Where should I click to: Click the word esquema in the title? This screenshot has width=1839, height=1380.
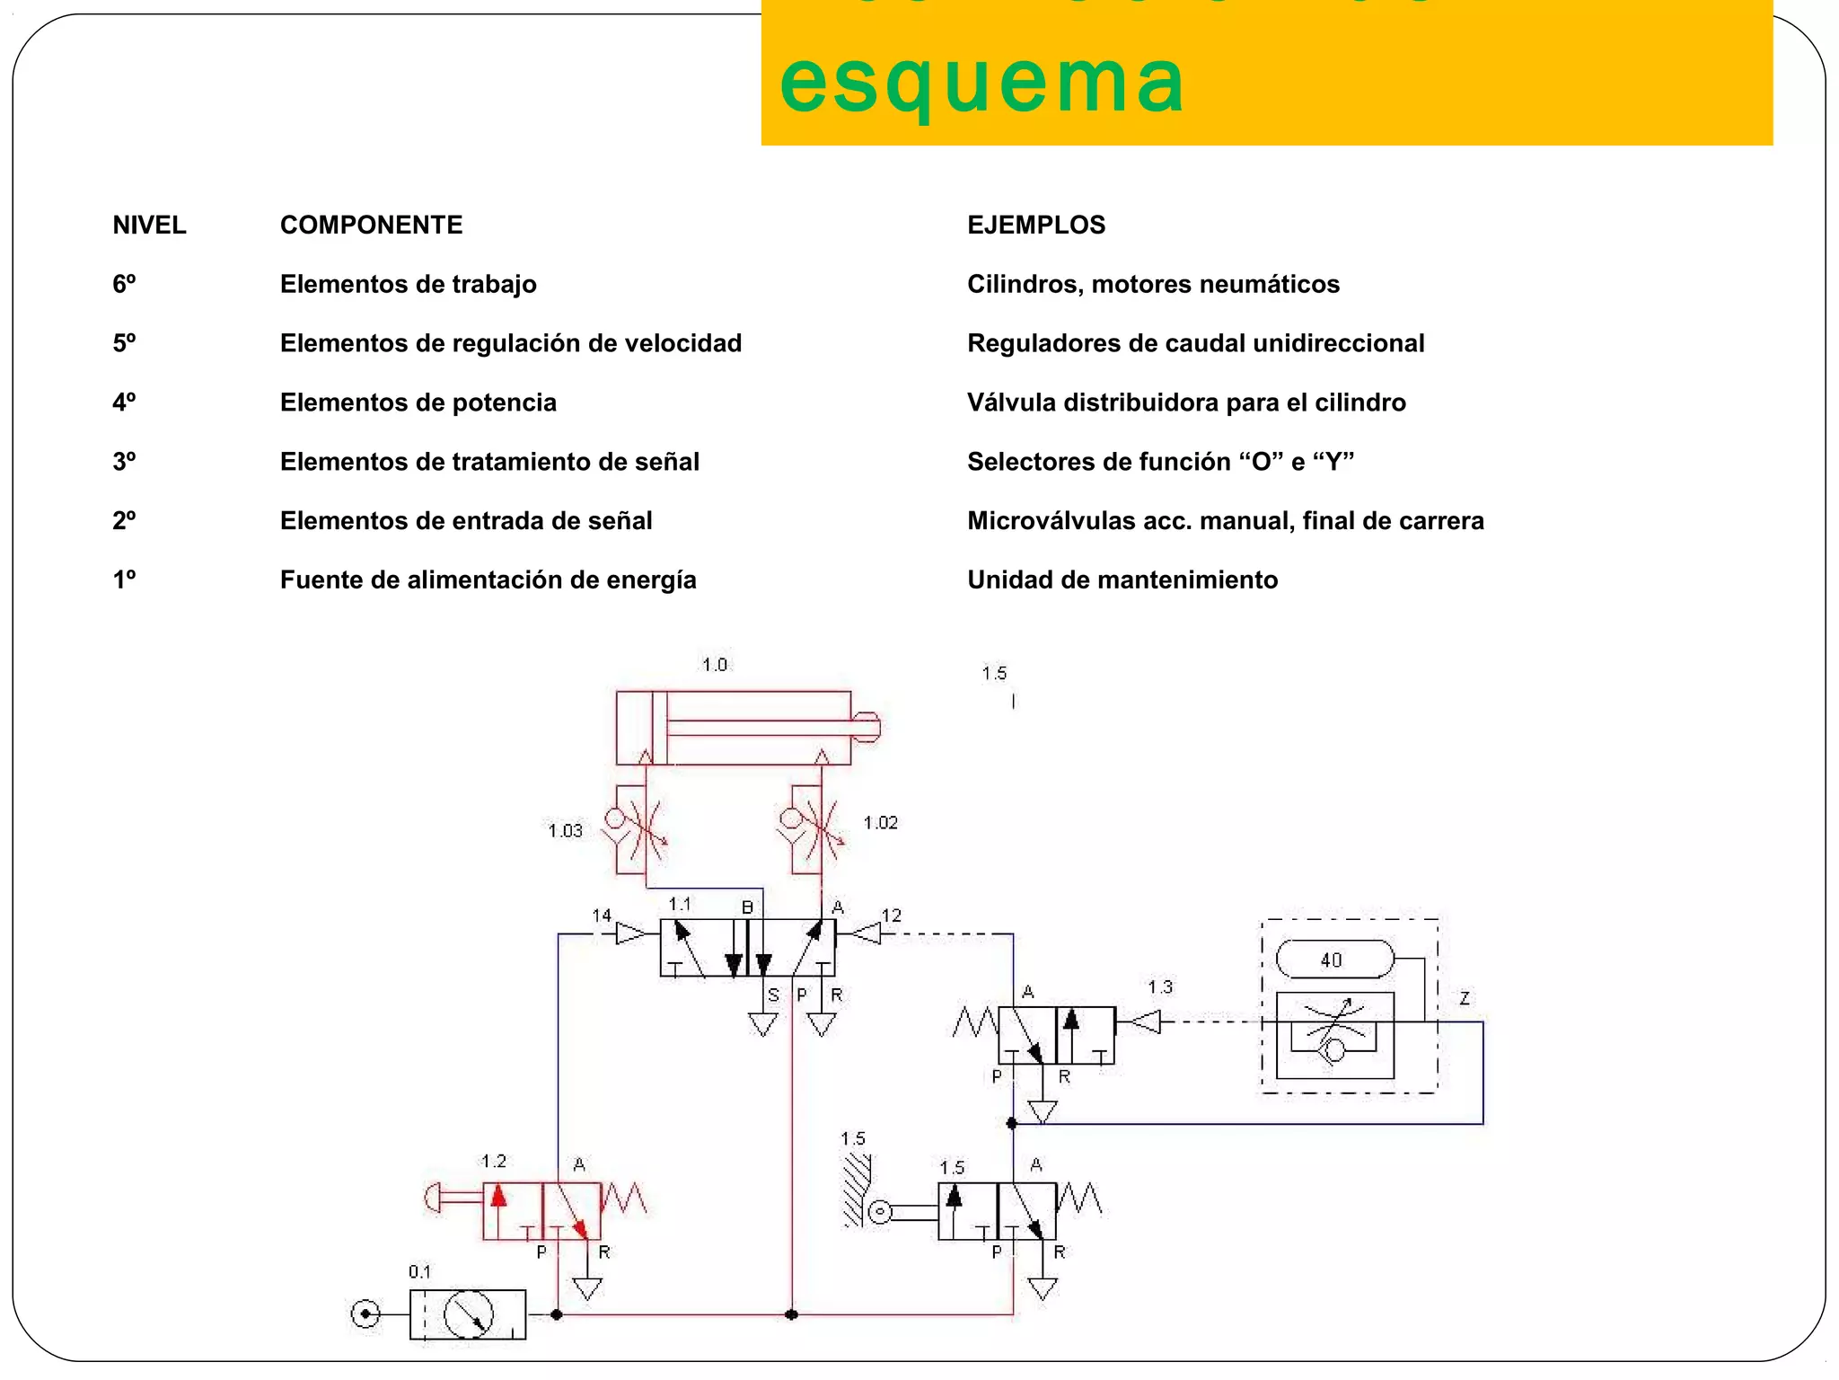[981, 83]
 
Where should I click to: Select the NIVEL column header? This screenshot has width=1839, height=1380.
[149, 225]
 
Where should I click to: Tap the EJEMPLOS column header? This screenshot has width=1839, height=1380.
[1036, 225]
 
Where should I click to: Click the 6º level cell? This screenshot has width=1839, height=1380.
[124, 284]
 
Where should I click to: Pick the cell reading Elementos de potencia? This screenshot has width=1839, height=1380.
[418, 402]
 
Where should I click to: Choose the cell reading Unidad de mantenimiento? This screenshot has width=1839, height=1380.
[1122, 579]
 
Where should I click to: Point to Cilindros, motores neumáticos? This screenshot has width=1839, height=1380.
[1153, 284]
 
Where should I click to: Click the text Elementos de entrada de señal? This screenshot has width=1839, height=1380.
[466, 521]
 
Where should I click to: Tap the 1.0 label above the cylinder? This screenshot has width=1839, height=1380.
[715, 665]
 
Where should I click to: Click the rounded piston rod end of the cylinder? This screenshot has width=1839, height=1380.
[867, 727]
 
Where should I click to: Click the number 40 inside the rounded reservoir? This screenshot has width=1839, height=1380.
[1332, 960]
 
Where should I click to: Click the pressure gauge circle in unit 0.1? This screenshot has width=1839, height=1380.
[469, 1314]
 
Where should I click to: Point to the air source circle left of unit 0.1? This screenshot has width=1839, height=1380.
[365, 1314]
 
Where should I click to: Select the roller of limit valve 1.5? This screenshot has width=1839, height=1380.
[881, 1213]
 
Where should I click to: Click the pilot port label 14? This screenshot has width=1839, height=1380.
[602, 916]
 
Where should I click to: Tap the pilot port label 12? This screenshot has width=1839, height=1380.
[891, 916]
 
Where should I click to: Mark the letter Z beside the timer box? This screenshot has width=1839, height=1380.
[1465, 998]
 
